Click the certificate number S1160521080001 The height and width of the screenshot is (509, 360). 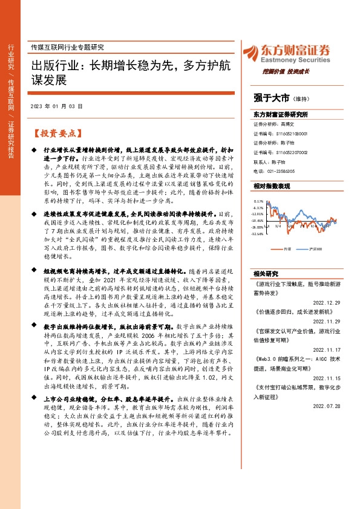tap(293, 133)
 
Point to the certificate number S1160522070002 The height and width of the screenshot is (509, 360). tap(293, 154)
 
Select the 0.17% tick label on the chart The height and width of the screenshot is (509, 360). tap(259, 201)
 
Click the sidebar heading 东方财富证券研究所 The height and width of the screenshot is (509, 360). tap(281, 114)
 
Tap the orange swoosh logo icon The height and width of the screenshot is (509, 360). tap(252, 53)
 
